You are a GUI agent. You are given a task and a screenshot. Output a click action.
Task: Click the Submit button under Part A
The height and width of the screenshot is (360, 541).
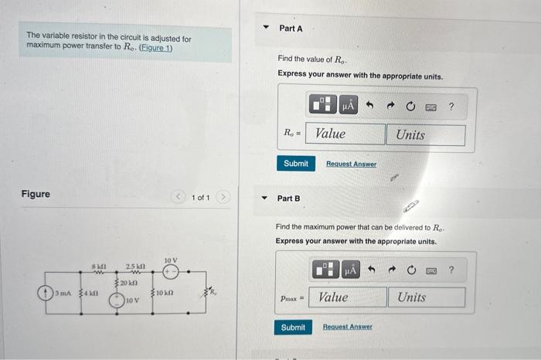click(x=295, y=164)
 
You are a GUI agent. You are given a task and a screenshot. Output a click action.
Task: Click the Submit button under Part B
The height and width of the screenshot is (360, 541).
click(x=293, y=327)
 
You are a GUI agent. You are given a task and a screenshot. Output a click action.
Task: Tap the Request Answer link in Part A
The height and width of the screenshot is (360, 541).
click(x=351, y=164)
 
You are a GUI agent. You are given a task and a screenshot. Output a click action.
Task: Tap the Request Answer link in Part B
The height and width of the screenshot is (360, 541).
click(x=347, y=327)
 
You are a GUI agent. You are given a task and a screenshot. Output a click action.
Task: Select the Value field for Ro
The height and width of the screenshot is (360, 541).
click(x=346, y=134)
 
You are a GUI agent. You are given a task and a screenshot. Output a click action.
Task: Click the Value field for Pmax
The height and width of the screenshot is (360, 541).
click(x=348, y=297)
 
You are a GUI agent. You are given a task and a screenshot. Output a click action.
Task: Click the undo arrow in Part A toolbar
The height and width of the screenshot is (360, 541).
click(x=370, y=106)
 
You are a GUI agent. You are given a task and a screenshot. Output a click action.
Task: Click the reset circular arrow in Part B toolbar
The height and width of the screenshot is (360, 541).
click(x=410, y=270)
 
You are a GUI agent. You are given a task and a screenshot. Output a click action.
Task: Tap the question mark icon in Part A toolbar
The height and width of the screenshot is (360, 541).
click(x=451, y=106)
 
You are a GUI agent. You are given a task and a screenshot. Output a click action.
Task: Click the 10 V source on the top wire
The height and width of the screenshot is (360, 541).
click(x=170, y=272)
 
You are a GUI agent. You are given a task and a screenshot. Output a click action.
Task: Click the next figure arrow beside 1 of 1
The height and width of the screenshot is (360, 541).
click(x=224, y=198)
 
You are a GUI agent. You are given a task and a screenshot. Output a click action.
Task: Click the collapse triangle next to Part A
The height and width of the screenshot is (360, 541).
click(x=267, y=28)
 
